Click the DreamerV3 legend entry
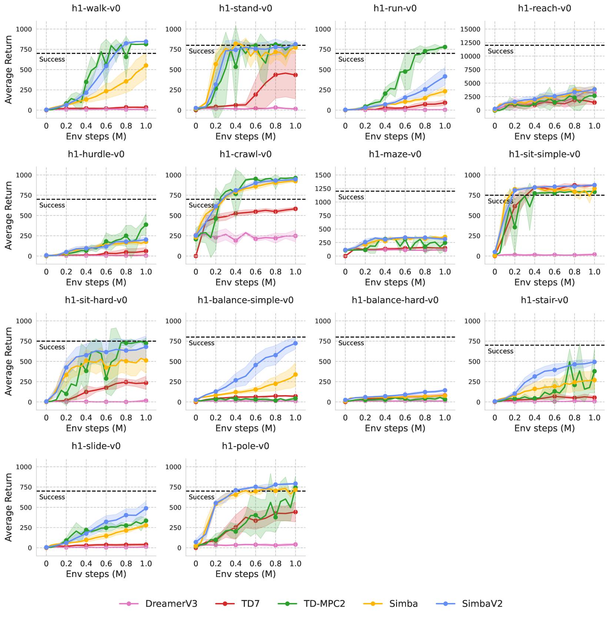coord(171,604)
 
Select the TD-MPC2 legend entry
coord(325,604)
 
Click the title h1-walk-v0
coord(96,8)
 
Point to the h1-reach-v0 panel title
coord(544,8)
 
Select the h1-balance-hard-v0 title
coord(395,300)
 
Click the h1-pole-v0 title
coord(245,446)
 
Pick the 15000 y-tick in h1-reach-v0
coord(469,29)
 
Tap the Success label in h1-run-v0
coord(351,59)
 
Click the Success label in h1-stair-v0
coord(500,351)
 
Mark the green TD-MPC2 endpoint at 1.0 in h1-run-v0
coord(445,47)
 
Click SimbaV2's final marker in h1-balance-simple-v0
coord(295,343)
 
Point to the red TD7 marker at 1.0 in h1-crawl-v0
coord(295,209)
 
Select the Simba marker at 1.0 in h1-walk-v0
coord(146,66)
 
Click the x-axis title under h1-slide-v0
coord(96,574)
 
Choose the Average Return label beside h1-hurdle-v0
coord(9,215)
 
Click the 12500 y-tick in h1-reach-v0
coord(469,43)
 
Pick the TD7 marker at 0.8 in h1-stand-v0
coord(275,75)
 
